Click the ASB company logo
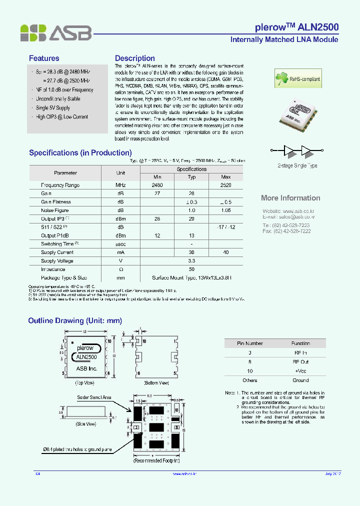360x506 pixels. point(56,33)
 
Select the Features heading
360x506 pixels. point(44,58)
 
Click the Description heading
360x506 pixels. point(134,58)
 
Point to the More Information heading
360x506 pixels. point(290,198)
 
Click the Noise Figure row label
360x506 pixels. point(55,210)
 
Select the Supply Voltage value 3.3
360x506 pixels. point(191,261)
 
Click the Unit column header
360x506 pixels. point(120,173)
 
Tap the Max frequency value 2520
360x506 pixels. point(225,185)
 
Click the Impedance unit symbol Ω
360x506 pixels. point(120,269)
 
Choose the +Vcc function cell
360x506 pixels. point(300,371)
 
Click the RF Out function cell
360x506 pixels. point(300,361)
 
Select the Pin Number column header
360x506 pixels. point(249,343)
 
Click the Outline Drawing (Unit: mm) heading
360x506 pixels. point(75,321)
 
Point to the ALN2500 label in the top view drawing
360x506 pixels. point(87,357)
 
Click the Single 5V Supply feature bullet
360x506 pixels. point(53,108)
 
